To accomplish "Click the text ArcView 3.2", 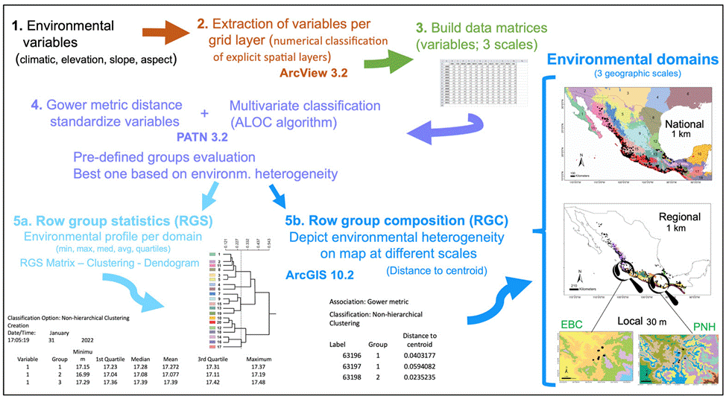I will [312, 73].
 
